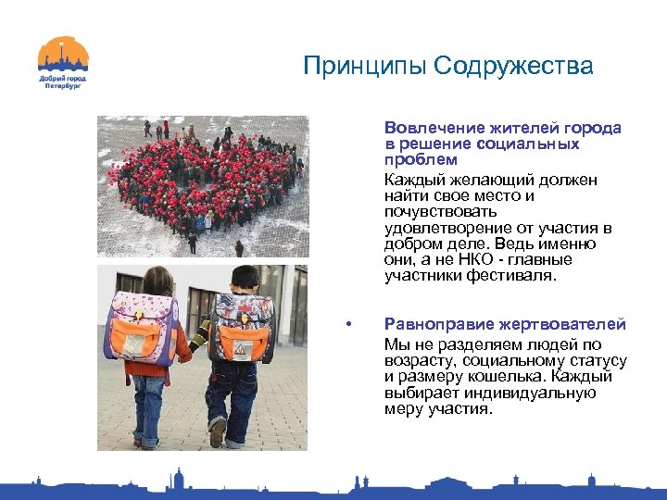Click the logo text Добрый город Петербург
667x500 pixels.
click(x=63, y=82)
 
